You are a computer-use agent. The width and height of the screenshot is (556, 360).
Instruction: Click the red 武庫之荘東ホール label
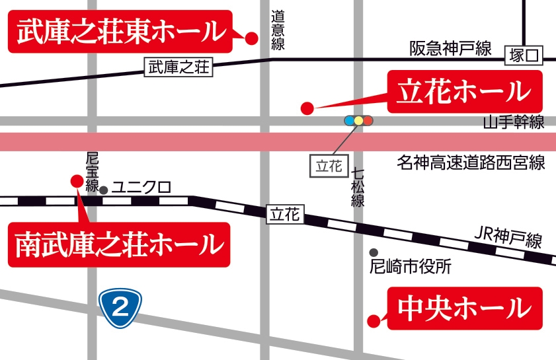coord(120,31)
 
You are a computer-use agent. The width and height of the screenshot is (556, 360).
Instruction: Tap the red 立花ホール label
coord(464,91)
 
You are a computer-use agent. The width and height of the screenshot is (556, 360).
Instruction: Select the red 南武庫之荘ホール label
coord(119,244)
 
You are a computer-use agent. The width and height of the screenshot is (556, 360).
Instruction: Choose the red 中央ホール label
coord(464,308)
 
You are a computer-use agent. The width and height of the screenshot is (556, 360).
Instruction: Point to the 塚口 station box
coord(524,56)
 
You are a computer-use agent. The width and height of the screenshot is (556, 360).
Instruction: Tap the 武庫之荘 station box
coord(179,67)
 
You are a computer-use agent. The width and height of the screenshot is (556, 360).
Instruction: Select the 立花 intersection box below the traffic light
coord(329,166)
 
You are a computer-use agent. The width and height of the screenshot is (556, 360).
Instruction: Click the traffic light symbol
coord(359,121)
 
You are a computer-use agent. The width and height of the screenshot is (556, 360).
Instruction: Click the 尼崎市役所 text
coord(410,267)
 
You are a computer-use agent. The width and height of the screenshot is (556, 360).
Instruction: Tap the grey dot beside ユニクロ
coord(103,190)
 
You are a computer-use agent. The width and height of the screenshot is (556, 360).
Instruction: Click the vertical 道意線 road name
coord(278,30)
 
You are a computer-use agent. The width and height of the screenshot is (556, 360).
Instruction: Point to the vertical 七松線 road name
coord(358,188)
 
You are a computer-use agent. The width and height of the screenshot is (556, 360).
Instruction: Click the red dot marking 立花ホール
coord(306,108)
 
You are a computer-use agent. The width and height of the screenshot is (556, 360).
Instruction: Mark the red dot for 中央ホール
coord(374,322)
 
